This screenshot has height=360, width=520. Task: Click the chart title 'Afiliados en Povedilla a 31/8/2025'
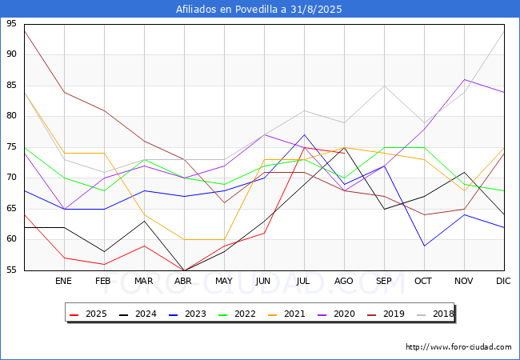(260, 9)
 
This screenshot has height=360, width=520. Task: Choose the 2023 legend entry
(187, 314)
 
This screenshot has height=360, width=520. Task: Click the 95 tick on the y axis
(11, 24)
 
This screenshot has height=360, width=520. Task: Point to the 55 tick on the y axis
(11, 270)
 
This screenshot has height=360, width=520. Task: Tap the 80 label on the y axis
(11, 116)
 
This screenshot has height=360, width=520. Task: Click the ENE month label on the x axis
(64, 282)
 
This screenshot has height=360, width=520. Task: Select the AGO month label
(344, 282)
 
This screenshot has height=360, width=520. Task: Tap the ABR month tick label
(184, 282)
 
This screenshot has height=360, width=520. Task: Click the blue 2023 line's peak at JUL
(304, 135)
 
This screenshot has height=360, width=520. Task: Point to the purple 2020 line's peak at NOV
(464, 79)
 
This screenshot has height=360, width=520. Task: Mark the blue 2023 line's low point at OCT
(424, 246)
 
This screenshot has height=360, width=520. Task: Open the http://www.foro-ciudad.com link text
(458, 347)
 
